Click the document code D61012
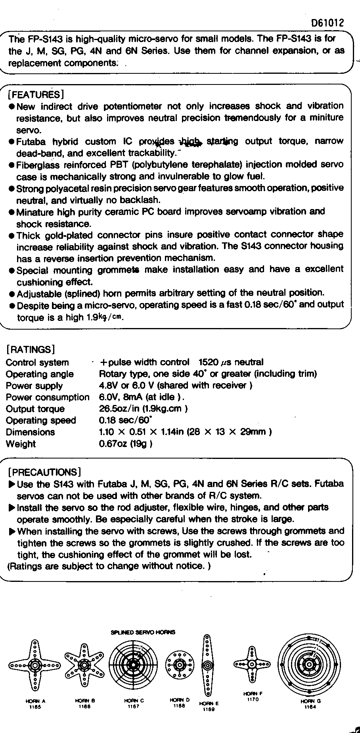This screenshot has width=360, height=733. click(327, 23)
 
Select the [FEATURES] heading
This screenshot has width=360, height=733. click(36, 94)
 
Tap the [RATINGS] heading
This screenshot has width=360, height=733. click(30, 349)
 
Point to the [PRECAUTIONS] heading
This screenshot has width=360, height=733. click(44, 472)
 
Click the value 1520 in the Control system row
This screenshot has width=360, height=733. click(209, 362)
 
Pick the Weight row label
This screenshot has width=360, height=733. click(21, 444)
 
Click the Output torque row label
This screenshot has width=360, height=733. click(35, 409)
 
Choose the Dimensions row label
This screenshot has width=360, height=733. click(30, 432)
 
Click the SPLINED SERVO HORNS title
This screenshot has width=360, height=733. click(143, 632)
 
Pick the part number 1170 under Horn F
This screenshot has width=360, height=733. click(253, 699)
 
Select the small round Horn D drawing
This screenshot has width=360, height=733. click(180, 664)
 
